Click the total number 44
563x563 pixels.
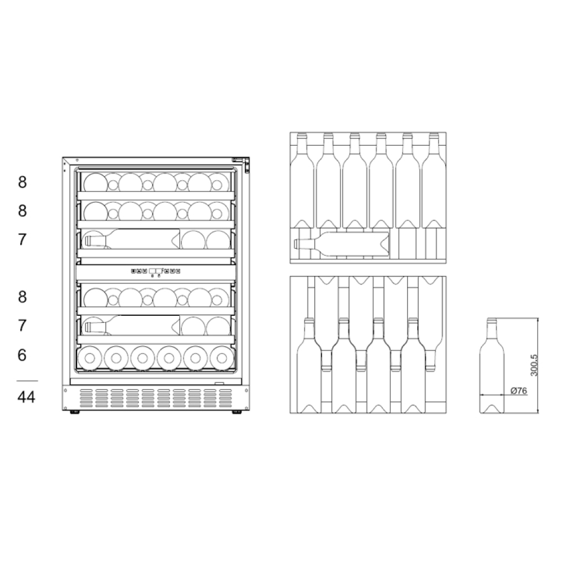[26, 397]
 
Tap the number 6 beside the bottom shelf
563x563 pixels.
[23, 355]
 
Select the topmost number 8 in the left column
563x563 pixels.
[23, 182]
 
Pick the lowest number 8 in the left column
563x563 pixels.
[23, 297]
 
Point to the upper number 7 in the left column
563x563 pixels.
[23, 240]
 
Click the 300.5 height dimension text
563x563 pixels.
[534, 365]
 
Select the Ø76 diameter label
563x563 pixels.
[518, 391]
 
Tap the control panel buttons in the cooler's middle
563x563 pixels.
[155, 271]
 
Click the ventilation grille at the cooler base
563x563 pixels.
[155, 399]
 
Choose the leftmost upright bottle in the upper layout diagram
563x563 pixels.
[302, 180]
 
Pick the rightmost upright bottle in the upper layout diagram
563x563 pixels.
[434, 180]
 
